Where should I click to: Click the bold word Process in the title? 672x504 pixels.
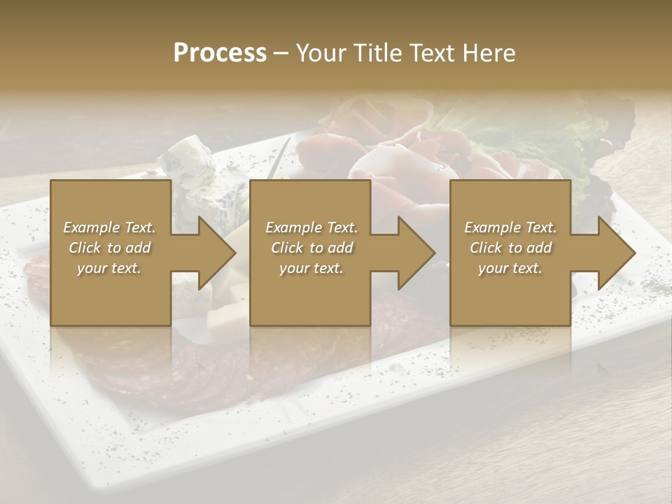click(x=220, y=53)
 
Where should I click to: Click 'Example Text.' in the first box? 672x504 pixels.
click(x=109, y=227)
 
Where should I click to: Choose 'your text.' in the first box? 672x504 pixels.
click(x=109, y=268)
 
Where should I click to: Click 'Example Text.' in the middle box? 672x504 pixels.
click(x=311, y=227)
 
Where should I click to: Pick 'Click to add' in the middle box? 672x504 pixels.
click(x=311, y=248)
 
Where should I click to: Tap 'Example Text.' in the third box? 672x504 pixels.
click(x=510, y=227)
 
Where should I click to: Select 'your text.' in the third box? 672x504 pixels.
click(x=510, y=268)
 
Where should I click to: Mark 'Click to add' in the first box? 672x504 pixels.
click(x=109, y=248)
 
